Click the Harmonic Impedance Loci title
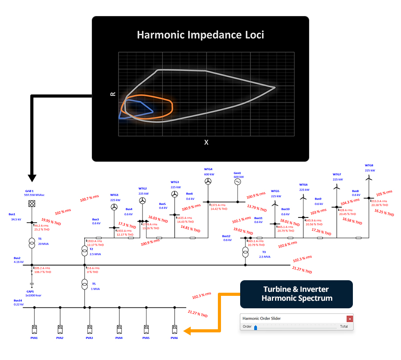click(x=200, y=35)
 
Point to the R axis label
click(x=113, y=94)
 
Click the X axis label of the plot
click(x=206, y=143)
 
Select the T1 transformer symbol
click(x=32, y=244)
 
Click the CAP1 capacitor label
click(x=30, y=291)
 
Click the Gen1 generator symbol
click(x=237, y=182)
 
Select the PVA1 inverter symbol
click(x=34, y=330)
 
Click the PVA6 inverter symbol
click(x=174, y=330)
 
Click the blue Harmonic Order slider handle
click(x=256, y=327)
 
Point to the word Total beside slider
click(x=344, y=327)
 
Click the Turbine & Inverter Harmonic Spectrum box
click(x=296, y=294)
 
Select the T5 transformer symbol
click(x=85, y=284)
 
